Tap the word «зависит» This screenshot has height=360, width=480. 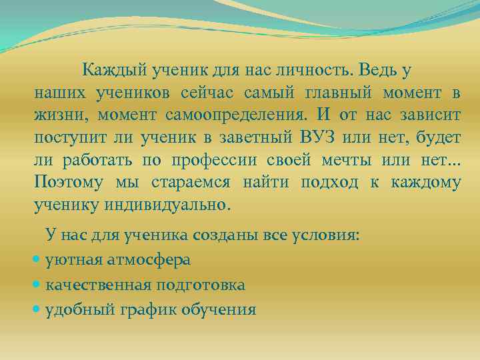pyautogui.click(x=430, y=114)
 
